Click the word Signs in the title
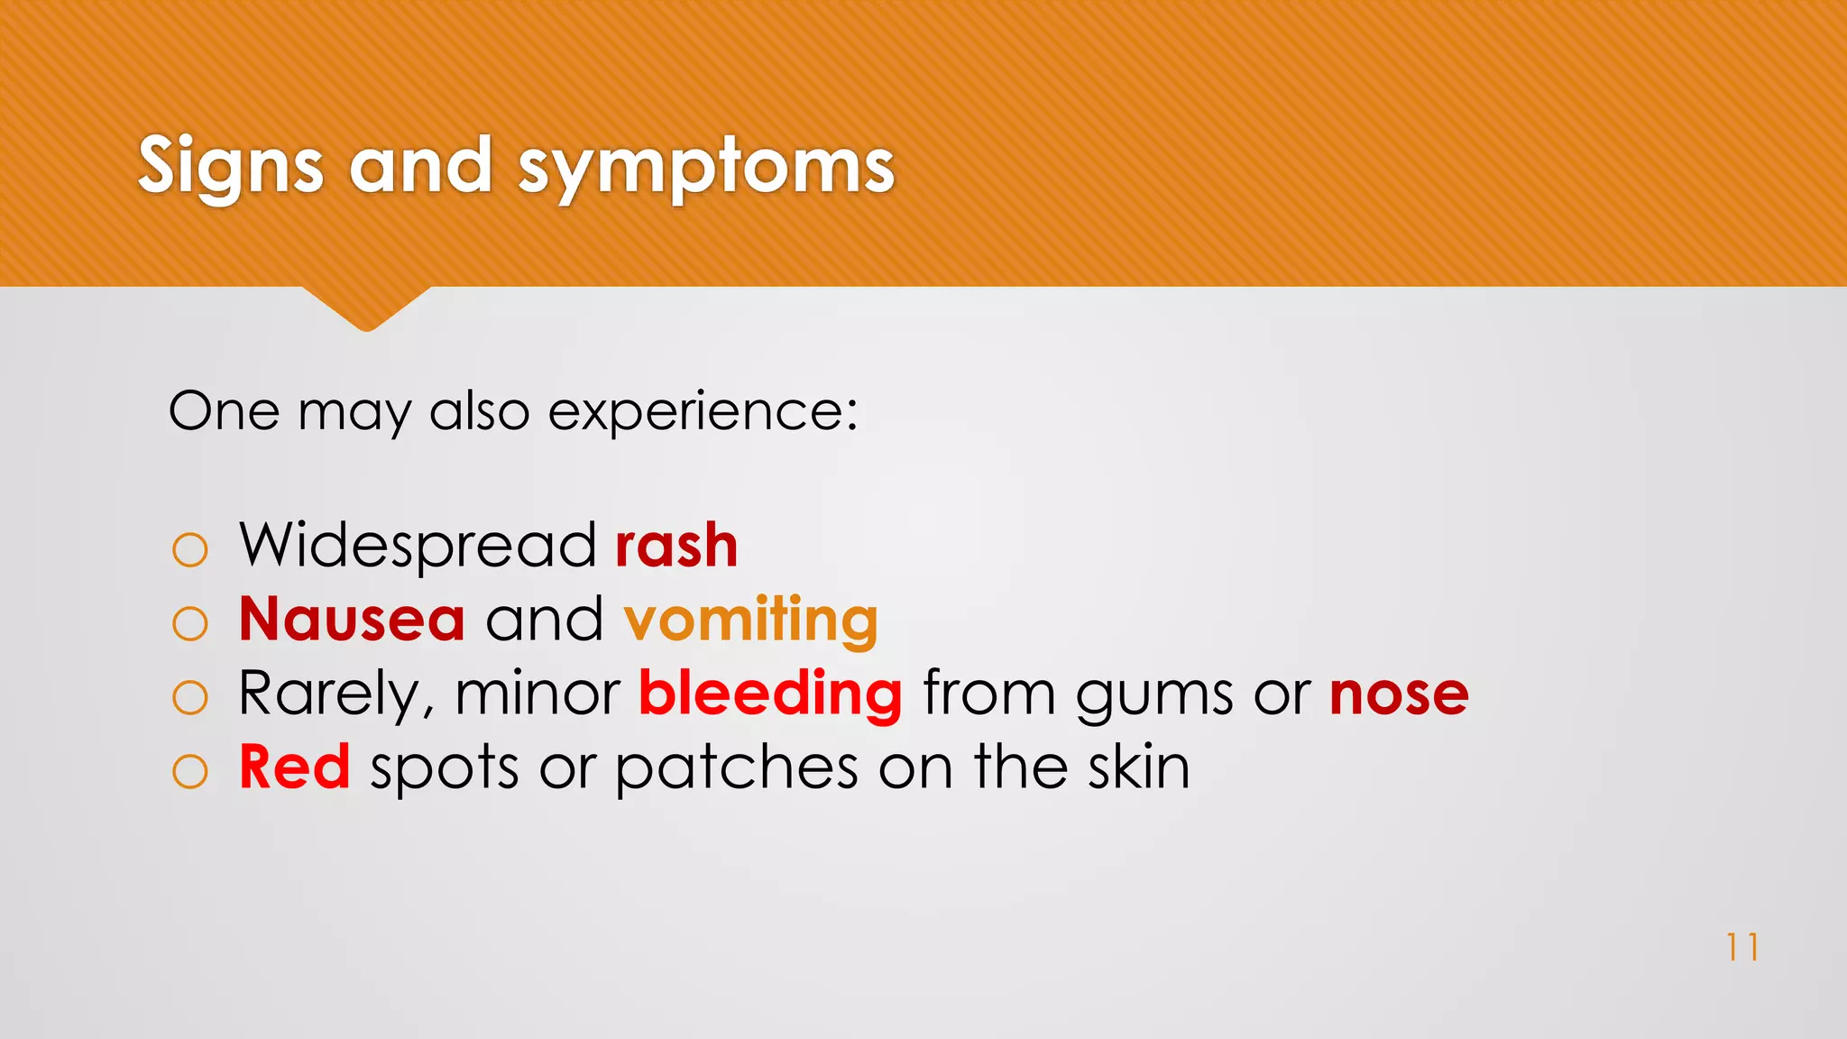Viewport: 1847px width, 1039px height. click(x=230, y=167)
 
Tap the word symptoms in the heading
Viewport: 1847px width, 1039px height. click(x=706, y=169)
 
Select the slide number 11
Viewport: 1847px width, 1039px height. click(x=1741, y=947)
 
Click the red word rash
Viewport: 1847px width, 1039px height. click(x=676, y=546)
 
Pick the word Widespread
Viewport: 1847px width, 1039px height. click(x=418, y=547)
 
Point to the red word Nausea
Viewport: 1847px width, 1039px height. click(x=352, y=620)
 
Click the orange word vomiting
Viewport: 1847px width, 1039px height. click(x=750, y=621)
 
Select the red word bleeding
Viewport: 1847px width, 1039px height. click(x=770, y=694)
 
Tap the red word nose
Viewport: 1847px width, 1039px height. click(x=1399, y=695)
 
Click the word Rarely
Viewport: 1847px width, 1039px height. click(x=329, y=694)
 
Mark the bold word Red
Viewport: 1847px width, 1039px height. click(x=294, y=768)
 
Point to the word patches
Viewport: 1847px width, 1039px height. click(x=737, y=769)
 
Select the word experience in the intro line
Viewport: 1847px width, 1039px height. click(x=702, y=412)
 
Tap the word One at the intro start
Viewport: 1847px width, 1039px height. click(x=224, y=411)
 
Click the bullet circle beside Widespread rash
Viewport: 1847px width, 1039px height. click(x=189, y=549)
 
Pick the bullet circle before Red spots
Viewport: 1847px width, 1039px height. click(x=189, y=771)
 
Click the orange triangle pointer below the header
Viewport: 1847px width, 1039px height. click(x=366, y=306)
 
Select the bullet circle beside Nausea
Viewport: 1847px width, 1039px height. click(x=189, y=623)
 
